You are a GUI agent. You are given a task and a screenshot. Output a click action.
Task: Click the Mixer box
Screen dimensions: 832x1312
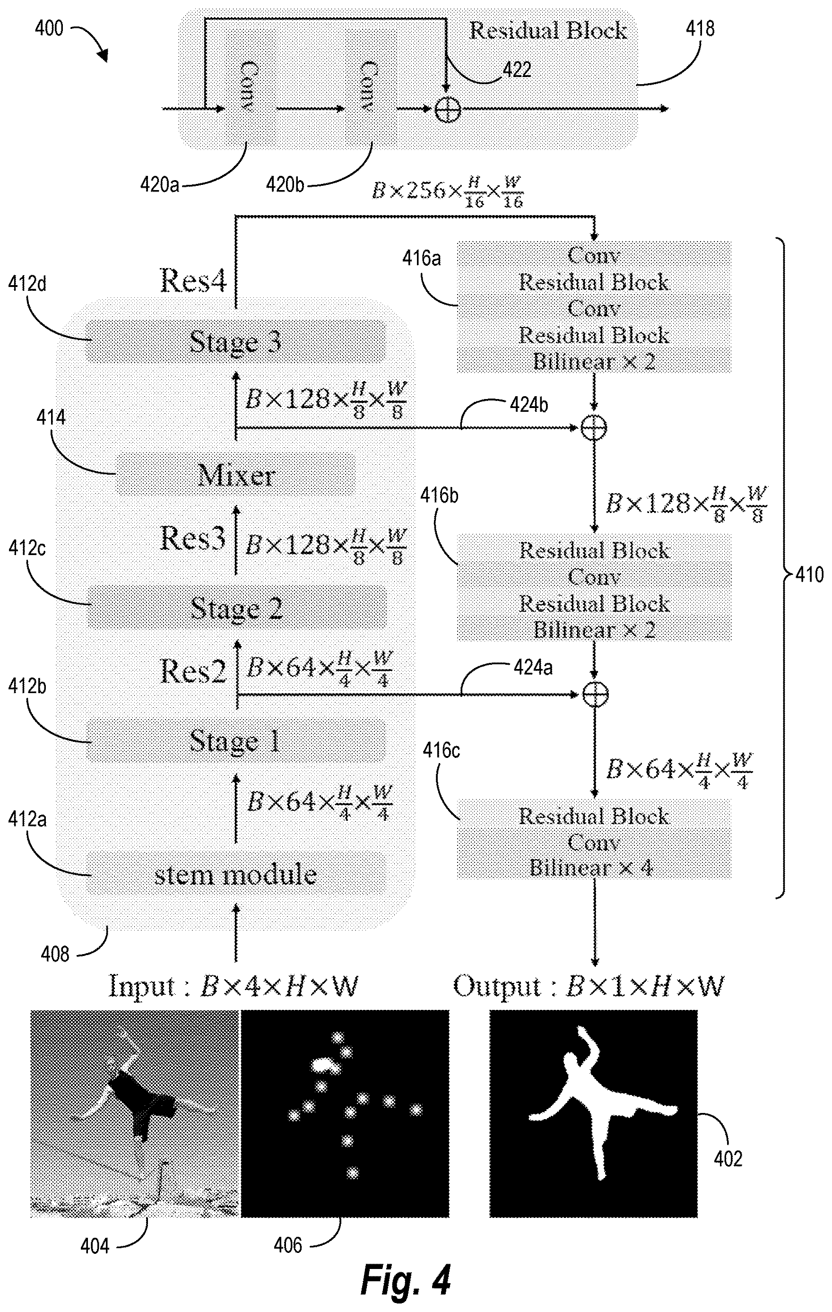tap(235, 475)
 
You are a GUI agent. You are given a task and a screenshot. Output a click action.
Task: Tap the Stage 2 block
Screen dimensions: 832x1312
tap(236, 608)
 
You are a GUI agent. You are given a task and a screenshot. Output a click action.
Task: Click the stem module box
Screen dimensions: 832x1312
tap(235, 874)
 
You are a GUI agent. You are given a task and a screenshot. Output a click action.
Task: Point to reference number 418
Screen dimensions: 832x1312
tap(699, 28)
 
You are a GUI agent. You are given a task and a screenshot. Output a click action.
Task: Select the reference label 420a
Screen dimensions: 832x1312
tap(159, 185)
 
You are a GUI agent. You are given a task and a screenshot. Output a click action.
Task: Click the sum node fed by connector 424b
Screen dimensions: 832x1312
tap(594, 428)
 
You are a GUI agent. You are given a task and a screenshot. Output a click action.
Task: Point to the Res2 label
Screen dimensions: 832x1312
tap(193, 671)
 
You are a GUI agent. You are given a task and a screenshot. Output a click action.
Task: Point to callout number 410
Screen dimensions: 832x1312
tap(810, 574)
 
